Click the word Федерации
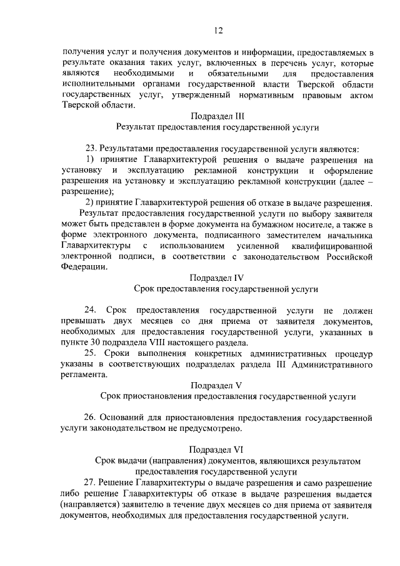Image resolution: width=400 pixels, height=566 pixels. pos(84,266)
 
